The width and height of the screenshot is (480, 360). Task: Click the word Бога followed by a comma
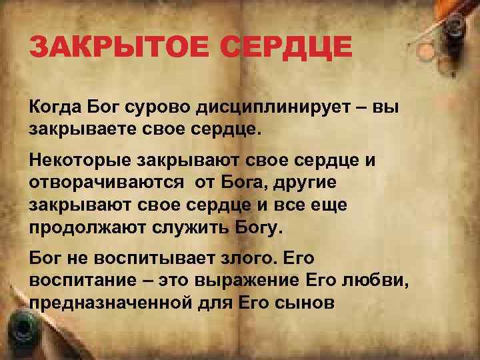pyautogui.click(x=248, y=183)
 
